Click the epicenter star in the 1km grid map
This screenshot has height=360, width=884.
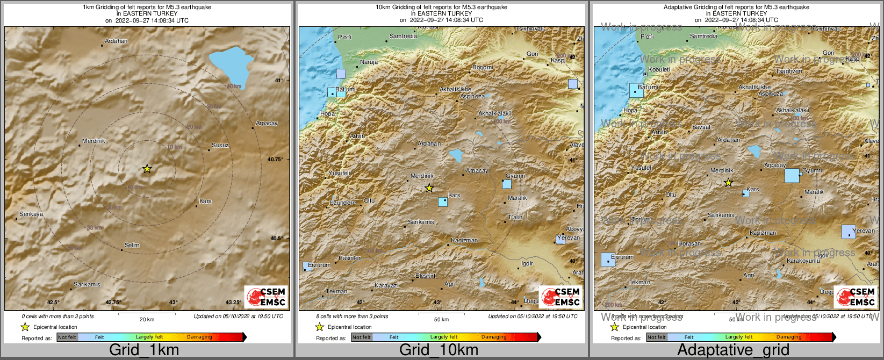[x=147, y=169]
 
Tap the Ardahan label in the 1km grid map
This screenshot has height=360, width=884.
[x=116, y=41]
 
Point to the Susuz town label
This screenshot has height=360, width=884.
[x=220, y=146]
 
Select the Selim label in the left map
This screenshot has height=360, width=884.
[x=132, y=245]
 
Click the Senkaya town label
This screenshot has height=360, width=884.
[x=31, y=214]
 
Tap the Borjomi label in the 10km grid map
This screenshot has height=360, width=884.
[x=483, y=68]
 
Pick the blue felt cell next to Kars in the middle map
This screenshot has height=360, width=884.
[x=443, y=202]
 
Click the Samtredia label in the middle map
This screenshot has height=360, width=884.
[x=403, y=37]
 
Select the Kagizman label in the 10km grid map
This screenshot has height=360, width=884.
[x=464, y=241]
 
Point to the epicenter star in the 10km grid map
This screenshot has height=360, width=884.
[x=429, y=188]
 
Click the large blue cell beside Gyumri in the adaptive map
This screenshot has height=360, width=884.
[x=792, y=176]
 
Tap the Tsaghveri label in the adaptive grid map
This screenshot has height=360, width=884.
[x=789, y=71]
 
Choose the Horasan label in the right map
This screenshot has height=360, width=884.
[x=689, y=243]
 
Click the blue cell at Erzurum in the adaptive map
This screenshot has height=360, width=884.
[x=608, y=260]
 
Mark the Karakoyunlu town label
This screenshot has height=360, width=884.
[x=803, y=261]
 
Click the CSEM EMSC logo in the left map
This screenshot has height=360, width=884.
[x=265, y=297]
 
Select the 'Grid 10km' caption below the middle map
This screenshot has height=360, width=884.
[x=439, y=350]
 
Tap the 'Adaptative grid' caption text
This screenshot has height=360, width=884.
[x=733, y=350]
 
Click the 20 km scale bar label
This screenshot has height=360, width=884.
[x=147, y=320]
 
